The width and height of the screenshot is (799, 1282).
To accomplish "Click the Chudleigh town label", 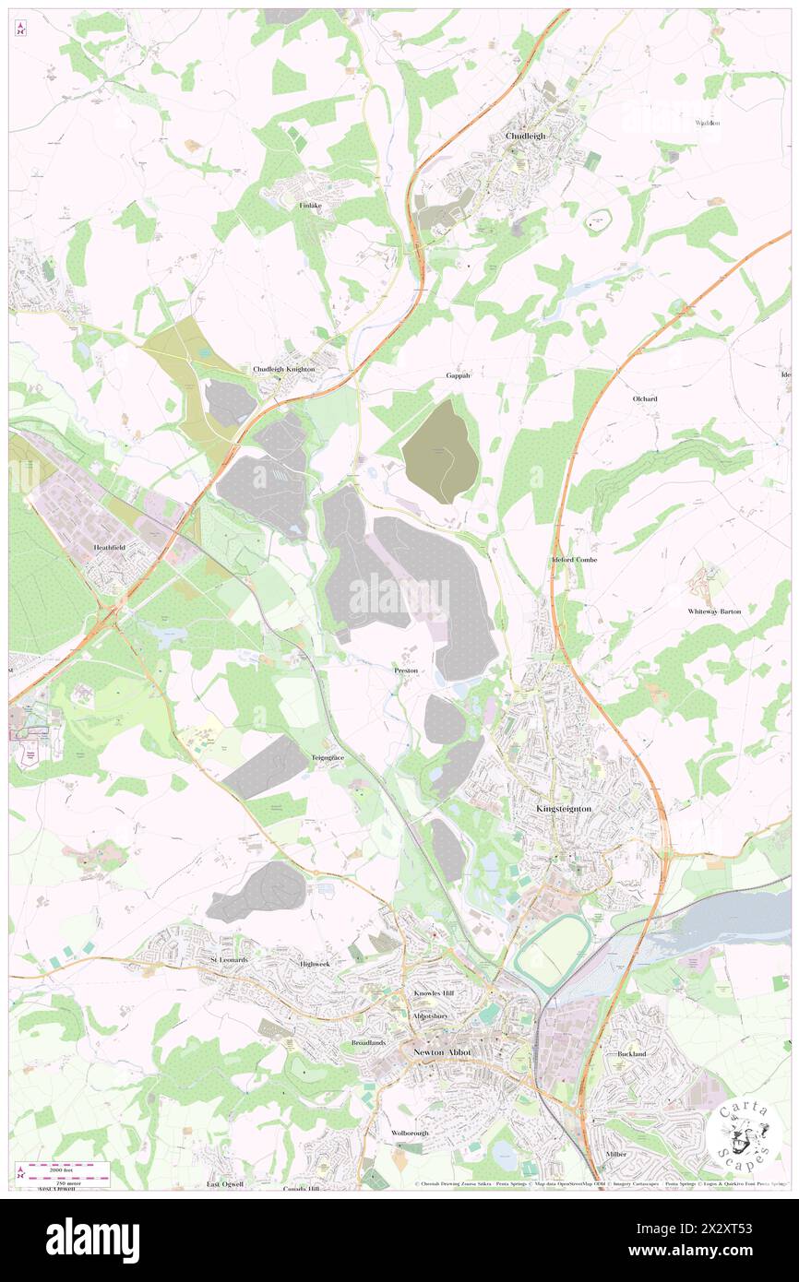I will tap(525, 136).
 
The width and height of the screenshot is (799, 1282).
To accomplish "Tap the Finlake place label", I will tap(308, 207).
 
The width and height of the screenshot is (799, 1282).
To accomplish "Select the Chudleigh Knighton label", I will tap(284, 369).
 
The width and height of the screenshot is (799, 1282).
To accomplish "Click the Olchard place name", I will tap(644, 398).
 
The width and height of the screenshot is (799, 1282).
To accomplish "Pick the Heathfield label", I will tap(110, 547).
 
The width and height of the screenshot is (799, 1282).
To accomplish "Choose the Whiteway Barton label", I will tap(714, 611).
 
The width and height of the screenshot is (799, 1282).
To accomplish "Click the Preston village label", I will tap(406, 671).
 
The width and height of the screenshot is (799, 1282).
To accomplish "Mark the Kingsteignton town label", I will tap(564, 808).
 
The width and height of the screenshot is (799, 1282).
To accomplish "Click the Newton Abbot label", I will tap(442, 1052).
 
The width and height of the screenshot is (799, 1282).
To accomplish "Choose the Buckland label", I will tap(631, 1053).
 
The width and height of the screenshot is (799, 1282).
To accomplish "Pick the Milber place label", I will tap(616, 1154).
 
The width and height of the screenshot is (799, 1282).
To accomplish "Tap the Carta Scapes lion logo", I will tap(745, 1133).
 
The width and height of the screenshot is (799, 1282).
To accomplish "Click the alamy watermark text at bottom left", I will tap(92, 1240).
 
